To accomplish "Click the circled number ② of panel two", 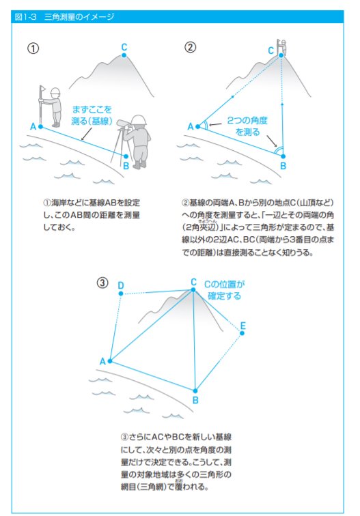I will [x=191, y=47].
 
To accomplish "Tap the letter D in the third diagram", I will [x=121, y=285].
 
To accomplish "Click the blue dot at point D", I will [x=121, y=293].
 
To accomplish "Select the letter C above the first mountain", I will [x=124, y=47].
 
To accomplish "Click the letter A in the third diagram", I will [x=102, y=360].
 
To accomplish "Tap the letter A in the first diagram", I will [x=33, y=126].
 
